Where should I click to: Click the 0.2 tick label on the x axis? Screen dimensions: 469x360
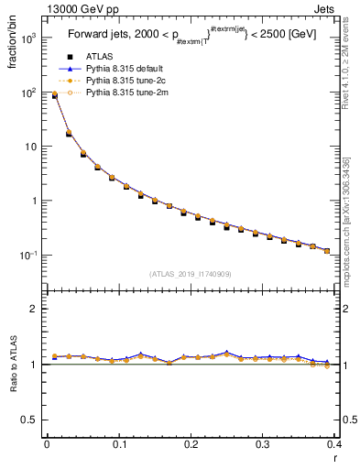(x=191, y=444)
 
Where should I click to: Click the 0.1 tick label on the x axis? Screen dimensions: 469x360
(x=119, y=444)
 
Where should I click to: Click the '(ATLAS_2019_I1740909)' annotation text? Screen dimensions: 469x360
(x=191, y=274)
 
